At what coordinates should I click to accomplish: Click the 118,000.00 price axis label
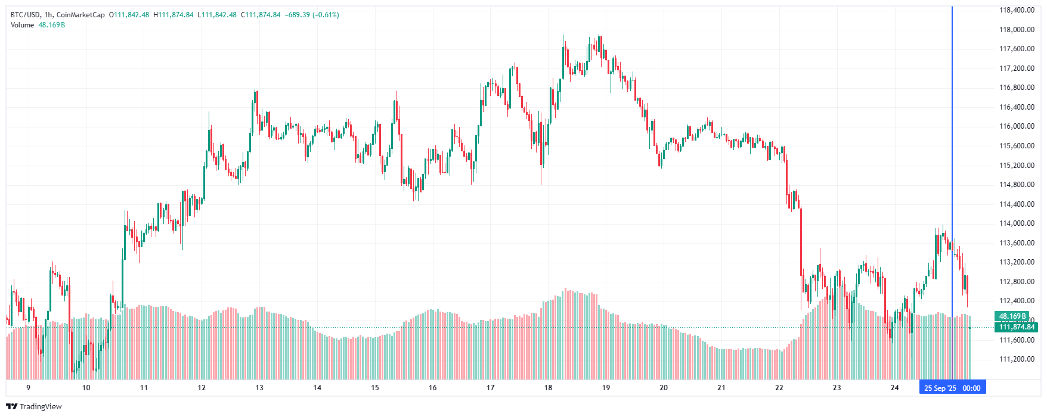coord(1017,29)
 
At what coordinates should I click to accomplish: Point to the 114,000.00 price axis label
coord(1017,223)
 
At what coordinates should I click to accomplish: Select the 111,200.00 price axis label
coord(1017,359)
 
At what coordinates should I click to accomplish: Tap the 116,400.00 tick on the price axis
coord(1017,107)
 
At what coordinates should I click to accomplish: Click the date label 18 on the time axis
coord(548,388)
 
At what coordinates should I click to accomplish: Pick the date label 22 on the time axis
coord(779,388)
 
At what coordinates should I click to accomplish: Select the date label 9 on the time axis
coord(28,388)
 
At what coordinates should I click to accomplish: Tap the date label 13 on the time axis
coord(259,388)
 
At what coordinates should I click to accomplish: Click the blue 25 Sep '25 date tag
coord(940,388)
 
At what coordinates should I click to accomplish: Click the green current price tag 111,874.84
coord(1017,327)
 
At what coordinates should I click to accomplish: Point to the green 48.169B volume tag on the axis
coord(1012,316)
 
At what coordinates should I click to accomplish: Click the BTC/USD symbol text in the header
coord(25,15)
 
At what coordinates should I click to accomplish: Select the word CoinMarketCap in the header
coord(80,15)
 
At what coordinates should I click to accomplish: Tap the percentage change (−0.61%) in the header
coord(326,15)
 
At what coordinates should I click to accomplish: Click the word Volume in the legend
coord(23,25)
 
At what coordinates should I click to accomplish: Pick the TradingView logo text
coord(41,406)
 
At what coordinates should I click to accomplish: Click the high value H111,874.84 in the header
coord(174,15)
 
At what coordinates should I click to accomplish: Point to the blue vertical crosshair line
coord(952,149)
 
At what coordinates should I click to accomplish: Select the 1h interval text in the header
coord(48,15)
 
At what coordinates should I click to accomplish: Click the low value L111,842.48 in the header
coord(217,15)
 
